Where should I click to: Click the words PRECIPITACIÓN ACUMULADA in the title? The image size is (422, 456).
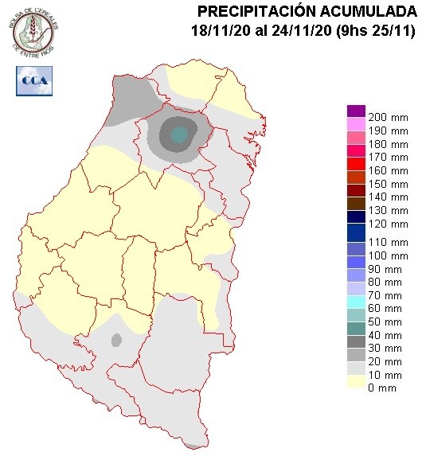307,11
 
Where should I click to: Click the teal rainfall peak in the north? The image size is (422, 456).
181,134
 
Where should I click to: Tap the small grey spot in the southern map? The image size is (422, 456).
116,341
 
